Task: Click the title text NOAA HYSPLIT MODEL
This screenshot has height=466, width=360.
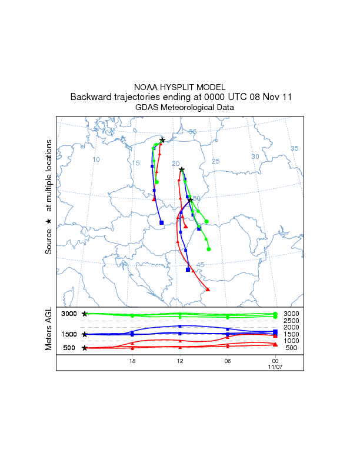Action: [179, 86]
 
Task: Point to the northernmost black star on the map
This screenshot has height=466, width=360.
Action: [162, 140]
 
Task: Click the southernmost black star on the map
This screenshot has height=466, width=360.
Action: [191, 200]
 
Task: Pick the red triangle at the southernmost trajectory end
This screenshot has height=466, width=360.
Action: [208, 289]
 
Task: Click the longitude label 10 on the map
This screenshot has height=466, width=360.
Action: [96, 159]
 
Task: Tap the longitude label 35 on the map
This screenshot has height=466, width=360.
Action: [295, 148]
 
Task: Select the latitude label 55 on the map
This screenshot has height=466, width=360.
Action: [192, 132]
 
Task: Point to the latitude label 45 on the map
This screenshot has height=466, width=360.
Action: [200, 265]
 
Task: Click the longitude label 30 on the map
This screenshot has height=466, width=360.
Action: [255, 157]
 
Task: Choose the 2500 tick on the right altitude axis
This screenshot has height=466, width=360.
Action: [291, 321]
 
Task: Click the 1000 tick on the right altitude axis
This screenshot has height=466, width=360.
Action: [291, 341]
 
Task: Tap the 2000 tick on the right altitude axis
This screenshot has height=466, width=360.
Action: [291, 327]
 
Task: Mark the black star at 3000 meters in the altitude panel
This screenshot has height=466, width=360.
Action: [85, 314]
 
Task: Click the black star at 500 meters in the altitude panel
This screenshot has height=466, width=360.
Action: [85, 348]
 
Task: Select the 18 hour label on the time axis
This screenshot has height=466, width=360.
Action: [132, 361]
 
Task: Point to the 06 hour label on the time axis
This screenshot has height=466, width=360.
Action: [227, 361]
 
